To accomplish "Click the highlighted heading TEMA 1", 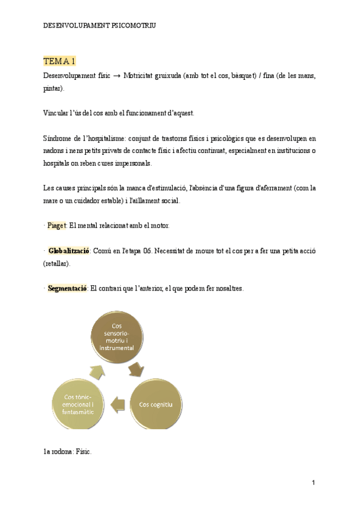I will [59, 61].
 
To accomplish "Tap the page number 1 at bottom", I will [313, 483].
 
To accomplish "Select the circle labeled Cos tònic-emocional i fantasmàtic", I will [79, 404].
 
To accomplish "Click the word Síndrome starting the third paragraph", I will [58, 138].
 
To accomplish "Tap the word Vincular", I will [57, 113].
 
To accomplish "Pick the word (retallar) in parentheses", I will [57, 263].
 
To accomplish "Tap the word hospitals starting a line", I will [58, 163].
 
